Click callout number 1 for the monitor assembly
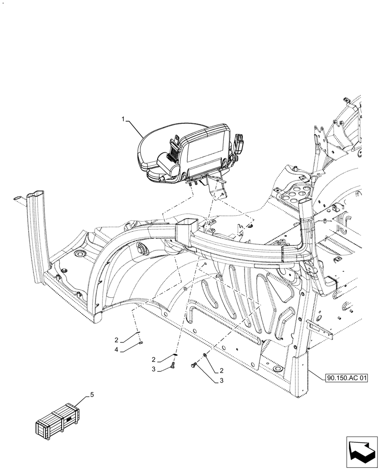124,120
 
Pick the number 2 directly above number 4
116,340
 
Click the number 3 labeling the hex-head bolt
221,381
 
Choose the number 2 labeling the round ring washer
221,371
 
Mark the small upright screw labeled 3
174,364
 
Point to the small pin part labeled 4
141,345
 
